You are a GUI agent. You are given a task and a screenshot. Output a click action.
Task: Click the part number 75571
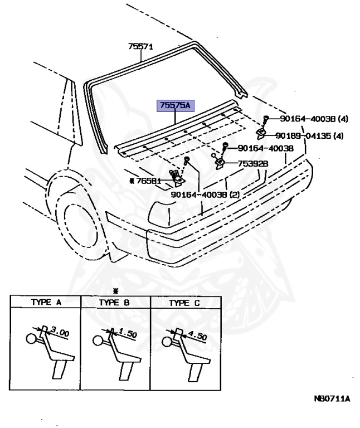point(140,47)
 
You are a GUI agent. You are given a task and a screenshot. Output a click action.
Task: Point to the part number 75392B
point(253,163)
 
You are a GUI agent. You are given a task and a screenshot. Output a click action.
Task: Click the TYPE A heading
point(46,303)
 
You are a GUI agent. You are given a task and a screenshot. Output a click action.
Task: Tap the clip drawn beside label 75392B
point(219,163)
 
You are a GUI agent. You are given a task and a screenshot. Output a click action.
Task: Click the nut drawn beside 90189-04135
point(260,133)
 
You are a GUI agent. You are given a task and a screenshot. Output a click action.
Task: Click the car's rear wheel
point(76,221)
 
